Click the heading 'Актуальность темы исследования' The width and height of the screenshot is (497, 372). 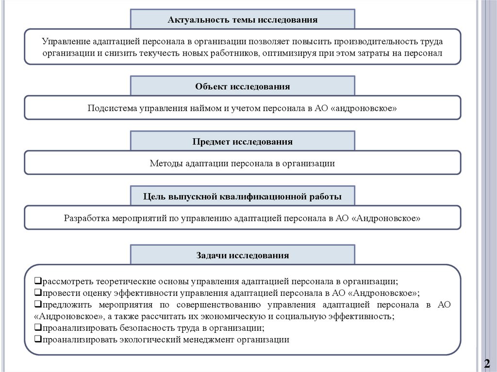point(242,20)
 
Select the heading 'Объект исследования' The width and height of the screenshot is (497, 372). point(242,87)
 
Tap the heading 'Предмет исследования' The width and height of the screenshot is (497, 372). point(242,142)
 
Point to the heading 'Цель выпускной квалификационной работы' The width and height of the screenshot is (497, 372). point(242,196)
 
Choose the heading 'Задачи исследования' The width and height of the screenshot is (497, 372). point(242,255)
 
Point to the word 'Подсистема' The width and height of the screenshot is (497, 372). point(112,109)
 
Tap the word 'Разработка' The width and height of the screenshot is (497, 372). point(85,218)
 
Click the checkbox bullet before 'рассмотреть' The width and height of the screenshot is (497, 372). point(38,281)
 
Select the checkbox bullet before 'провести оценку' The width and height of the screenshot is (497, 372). point(38,293)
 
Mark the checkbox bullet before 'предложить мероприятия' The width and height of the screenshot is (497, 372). point(38,305)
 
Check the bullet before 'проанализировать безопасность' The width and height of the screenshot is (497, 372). point(38,328)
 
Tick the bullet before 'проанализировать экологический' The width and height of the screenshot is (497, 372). point(38,340)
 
